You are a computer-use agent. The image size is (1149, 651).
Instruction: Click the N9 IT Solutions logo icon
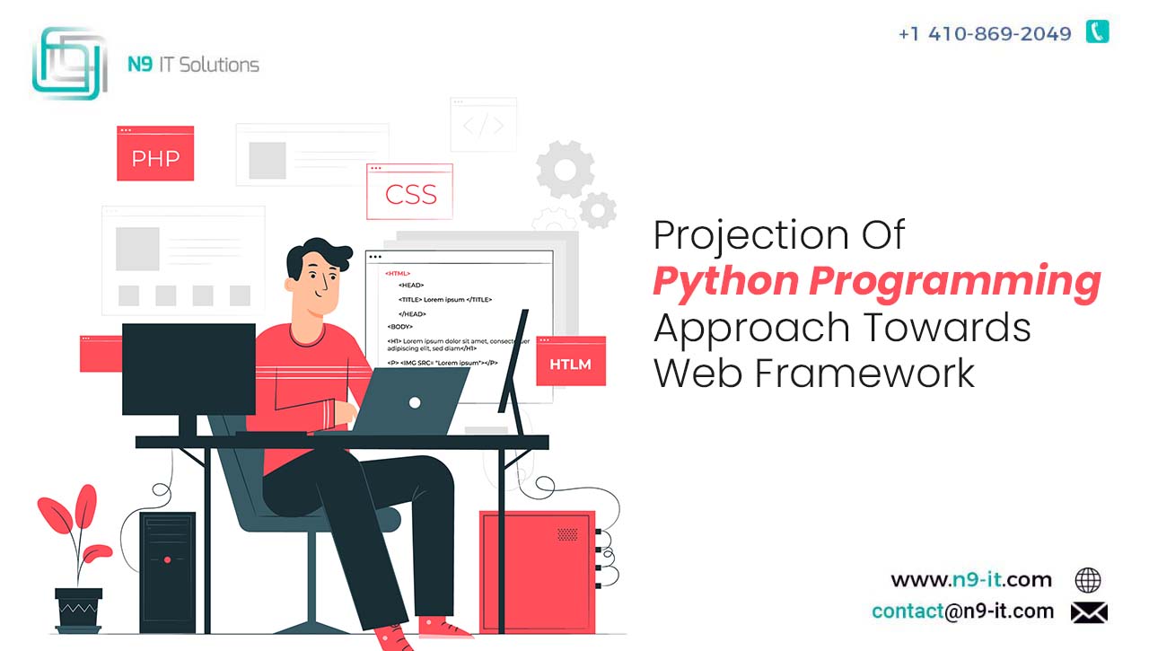point(70,63)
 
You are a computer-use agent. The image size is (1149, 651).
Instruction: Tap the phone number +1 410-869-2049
point(985,34)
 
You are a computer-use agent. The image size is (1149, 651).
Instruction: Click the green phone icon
point(1097,31)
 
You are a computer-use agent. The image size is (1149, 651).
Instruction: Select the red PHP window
point(155,154)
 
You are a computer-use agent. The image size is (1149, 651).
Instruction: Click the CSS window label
point(410,195)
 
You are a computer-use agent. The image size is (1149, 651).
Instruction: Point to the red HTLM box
point(571,361)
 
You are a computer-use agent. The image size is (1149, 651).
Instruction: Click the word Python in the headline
point(726,282)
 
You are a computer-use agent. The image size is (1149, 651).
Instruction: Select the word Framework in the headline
point(864,373)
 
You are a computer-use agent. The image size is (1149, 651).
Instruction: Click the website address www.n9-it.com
point(971,580)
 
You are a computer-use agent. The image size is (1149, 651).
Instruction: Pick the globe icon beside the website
point(1087,580)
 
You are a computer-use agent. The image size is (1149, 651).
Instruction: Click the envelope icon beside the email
point(1089,612)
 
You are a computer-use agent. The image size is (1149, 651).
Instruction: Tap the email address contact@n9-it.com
point(963,611)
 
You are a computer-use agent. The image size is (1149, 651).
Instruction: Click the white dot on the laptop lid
point(415,402)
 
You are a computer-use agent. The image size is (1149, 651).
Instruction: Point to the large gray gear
point(566,170)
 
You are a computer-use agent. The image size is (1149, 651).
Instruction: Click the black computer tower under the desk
point(168,572)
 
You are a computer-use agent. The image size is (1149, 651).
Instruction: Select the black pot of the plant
point(78,610)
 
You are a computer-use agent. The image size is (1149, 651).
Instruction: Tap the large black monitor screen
point(189,369)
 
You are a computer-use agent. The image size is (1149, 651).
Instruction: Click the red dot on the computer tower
point(168,559)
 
